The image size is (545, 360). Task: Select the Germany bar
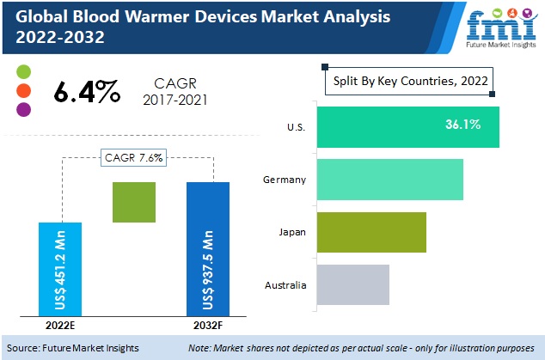click(389, 180)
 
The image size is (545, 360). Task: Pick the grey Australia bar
click(352, 284)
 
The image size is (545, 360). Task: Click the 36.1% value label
click(462, 125)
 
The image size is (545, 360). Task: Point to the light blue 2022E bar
click(60, 268)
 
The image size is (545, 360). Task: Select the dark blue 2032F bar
click(208, 248)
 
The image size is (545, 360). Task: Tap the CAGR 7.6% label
click(134, 157)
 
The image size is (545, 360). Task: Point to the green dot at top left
click(23, 71)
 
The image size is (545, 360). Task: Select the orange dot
click(23, 90)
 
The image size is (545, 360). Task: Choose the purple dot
click(23, 109)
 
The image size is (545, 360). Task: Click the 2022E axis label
click(60, 326)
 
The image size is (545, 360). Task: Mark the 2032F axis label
click(208, 326)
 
